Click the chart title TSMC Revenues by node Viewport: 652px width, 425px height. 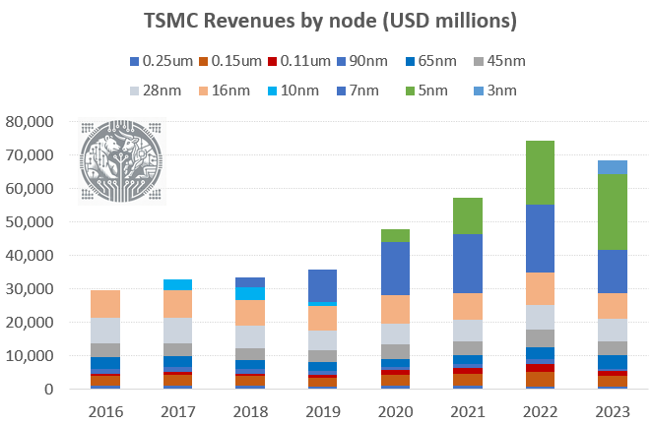(x=325, y=21)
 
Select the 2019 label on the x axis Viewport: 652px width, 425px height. (x=322, y=408)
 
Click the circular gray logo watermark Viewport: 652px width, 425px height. (x=123, y=163)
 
